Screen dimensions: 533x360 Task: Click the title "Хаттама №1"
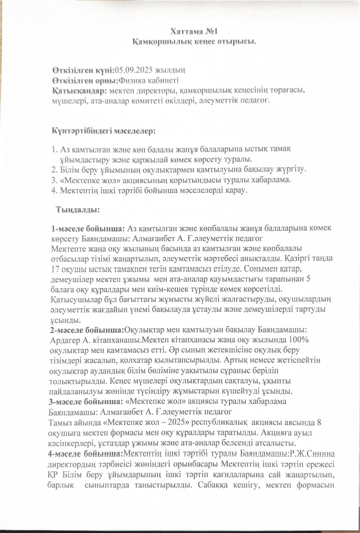click(x=194, y=32)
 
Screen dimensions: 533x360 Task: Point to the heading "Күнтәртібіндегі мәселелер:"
click(x=103, y=130)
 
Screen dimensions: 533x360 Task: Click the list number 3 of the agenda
click(x=54, y=180)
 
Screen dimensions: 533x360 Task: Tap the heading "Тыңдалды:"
click(x=78, y=210)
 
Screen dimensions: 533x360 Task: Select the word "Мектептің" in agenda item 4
click(x=77, y=191)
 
